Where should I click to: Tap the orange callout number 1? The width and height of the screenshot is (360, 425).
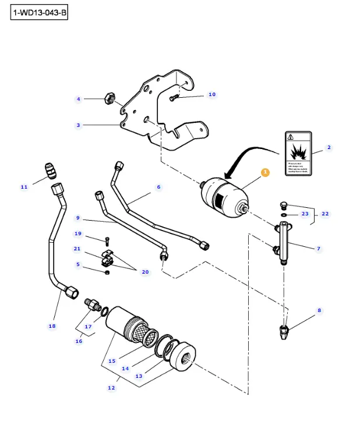pos(265,172)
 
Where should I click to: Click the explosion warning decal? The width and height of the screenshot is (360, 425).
pos(298,154)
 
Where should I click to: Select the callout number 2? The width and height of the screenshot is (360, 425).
pos(329,147)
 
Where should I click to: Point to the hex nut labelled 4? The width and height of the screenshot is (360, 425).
pos(108,98)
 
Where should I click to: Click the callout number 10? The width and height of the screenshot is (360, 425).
pos(211,94)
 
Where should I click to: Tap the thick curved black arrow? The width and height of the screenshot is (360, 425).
pos(245,157)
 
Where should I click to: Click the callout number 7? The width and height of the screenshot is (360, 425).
pos(319,249)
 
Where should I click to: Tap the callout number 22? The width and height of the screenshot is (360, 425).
pos(325,214)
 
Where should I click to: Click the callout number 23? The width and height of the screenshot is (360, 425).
pos(305,214)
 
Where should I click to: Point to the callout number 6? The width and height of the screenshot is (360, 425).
pos(158,187)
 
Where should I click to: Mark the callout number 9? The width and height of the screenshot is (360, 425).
pos(77,218)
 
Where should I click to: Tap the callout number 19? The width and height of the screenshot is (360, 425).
pos(77,233)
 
